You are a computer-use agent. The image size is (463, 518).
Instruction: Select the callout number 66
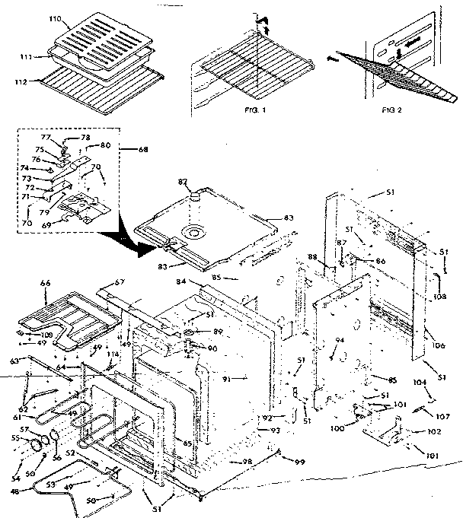[x=45, y=282]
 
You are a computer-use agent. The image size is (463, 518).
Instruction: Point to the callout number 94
[x=340, y=340]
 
